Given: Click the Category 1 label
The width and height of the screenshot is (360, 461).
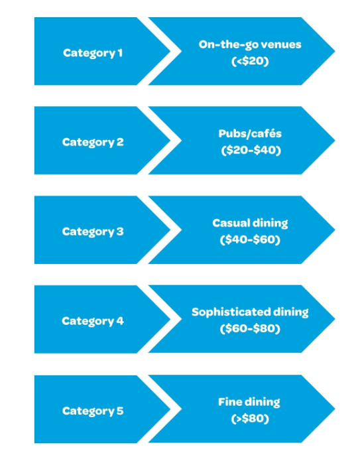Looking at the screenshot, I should [x=93, y=52].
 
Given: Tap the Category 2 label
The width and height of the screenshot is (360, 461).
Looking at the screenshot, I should [x=93, y=142].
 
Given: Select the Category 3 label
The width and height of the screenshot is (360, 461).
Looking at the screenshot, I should [x=93, y=231].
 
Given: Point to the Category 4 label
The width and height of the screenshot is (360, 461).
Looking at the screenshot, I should [x=93, y=321].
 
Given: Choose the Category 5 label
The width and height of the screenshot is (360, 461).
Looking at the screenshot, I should [x=93, y=411].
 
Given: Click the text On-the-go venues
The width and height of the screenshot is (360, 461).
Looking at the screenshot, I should [x=250, y=44].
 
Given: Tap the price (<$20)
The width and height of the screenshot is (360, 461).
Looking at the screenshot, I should [x=250, y=61].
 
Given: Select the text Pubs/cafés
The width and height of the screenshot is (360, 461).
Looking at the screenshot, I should [x=250, y=133].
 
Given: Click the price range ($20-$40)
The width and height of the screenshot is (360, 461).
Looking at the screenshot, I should [x=250, y=150].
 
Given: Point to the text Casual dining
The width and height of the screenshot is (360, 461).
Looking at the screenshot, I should [x=250, y=223].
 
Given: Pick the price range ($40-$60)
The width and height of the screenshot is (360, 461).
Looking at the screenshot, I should [x=250, y=239].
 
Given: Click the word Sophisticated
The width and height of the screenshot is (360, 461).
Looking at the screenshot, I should [x=231, y=312].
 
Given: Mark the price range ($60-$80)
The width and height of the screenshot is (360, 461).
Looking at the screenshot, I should [x=250, y=329].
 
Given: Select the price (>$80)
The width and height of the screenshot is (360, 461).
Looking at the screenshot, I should [x=250, y=419].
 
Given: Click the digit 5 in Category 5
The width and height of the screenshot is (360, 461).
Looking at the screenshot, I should [x=120, y=411].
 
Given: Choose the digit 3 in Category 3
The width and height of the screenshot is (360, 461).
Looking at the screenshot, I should [x=120, y=231].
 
